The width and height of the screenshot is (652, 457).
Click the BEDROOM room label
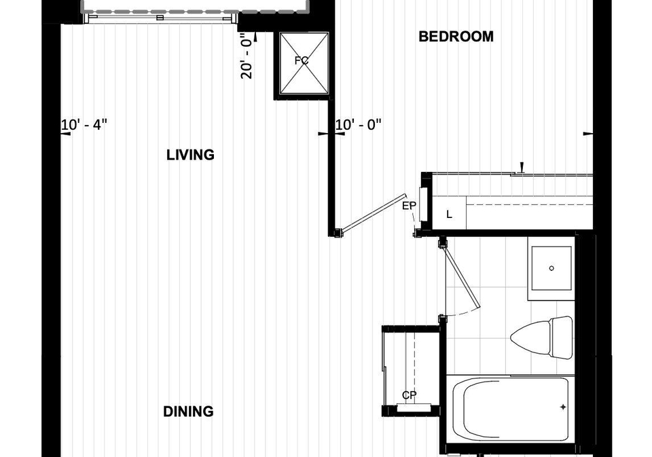(x=456, y=37)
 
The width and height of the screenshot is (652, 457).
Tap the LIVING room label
(x=190, y=155)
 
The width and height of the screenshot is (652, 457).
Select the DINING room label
(x=188, y=412)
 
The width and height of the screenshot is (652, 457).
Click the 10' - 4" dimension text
(x=84, y=124)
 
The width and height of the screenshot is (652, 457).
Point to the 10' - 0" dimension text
(x=359, y=124)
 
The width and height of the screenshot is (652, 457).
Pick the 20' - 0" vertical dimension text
(x=246, y=58)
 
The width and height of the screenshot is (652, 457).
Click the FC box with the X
(x=304, y=63)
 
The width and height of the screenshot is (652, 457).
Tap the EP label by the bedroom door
(x=409, y=206)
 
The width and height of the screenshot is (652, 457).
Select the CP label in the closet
(x=409, y=395)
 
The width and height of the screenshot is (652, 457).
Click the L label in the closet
(x=449, y=215)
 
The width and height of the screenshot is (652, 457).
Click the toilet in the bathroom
(x=541, y=337)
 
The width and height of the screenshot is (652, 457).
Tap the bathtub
(x=511, y=408)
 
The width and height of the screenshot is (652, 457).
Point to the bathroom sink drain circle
(x=551, y=268)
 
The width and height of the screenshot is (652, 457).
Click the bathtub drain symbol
(x=563, y=407)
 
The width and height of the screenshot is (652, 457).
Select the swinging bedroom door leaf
(x=373, y=213)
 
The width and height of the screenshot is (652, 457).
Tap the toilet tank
(x=562, y=337)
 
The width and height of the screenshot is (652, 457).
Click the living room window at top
(x=160, y=18)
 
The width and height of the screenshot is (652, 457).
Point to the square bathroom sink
(x=551, y=268)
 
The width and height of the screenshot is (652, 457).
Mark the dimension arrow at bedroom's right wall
(x=587, y=134)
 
